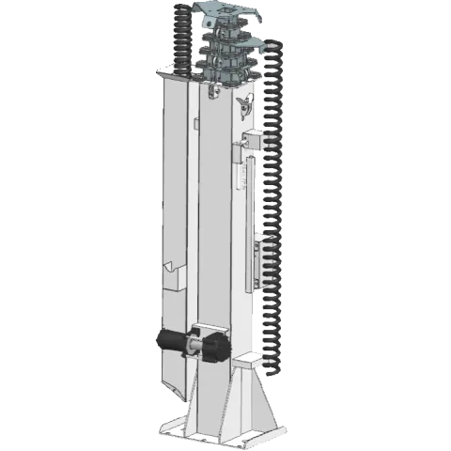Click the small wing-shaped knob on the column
244,104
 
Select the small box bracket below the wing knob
252,142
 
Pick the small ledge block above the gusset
247,360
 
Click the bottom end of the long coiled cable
274,361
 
